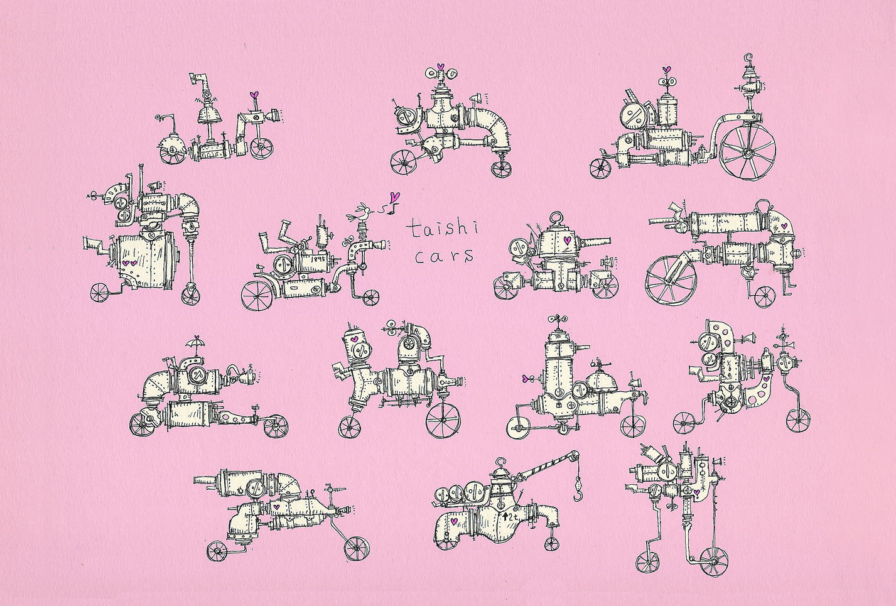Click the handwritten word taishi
click(442, 229)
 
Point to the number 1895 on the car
click(318, 258)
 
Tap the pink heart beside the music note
click(395, 197)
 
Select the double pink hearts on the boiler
click(129, 263)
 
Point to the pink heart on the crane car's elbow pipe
click(453, 521)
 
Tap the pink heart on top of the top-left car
click(254, 95)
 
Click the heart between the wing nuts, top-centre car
click(440, 67)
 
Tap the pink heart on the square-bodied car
click(566, 240)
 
